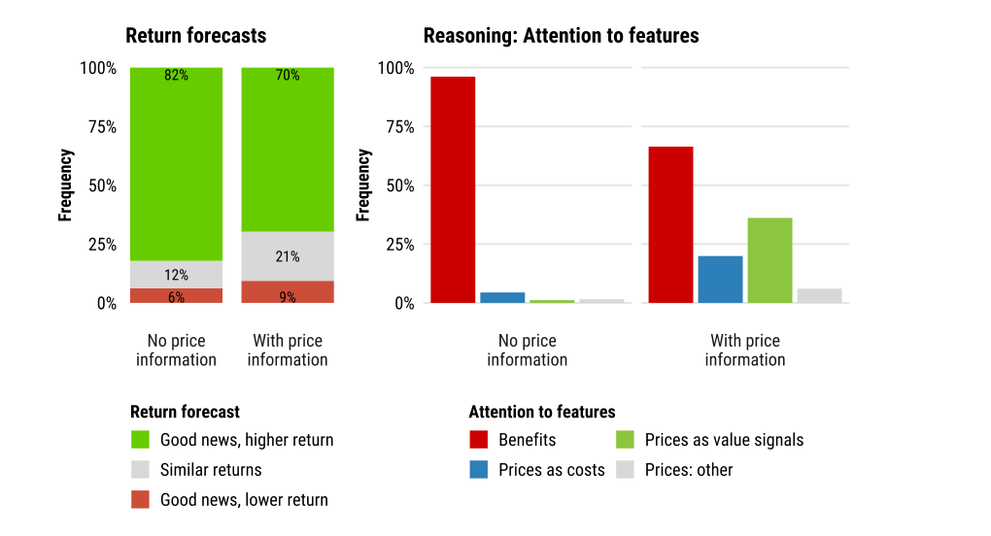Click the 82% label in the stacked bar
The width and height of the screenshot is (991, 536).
click(x=176, y=75)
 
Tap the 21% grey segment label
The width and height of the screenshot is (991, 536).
click(x=287, y=256)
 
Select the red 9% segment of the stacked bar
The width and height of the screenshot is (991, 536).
click(x=288, y=291)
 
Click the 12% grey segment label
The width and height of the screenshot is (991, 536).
click(x=176, y=275)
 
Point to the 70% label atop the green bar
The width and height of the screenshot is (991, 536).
click(x=287, y=75)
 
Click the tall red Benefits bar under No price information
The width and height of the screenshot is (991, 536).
click(x=453, y=190)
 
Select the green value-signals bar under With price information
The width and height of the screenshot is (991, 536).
click(x=769, y=260)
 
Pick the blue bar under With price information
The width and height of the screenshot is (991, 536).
click(x=720, y=279)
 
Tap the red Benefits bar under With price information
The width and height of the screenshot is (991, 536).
click(x=670, y=224)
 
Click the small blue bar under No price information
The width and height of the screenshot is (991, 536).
click(x=502, y=297)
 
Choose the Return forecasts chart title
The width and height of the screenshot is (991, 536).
click(x=196, y=35)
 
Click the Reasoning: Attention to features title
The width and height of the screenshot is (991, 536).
click(x=562, y=35)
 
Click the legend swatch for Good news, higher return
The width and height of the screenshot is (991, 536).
click(x=140, y=440)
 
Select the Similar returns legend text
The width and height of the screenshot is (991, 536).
click(x=211, y=470)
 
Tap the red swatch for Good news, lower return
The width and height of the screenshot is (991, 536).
click(x=140, y=499)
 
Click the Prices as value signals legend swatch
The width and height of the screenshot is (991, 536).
click(x=625, y=440)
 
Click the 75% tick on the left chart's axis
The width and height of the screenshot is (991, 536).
click(x=102, y=127)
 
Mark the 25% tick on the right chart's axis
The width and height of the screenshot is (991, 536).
click(x=400, y=245)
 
